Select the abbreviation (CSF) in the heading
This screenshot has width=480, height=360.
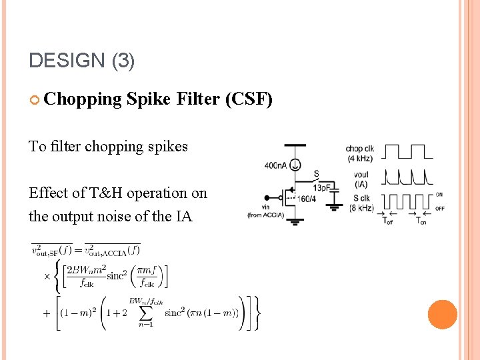point(249,99)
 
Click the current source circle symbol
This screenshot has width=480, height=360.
point(295,164)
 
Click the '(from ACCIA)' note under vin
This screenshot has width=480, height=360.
point(265,215)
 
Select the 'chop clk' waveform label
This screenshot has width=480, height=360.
point(359,148)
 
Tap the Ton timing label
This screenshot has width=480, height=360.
point(421,221)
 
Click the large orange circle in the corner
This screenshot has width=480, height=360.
point(442,315)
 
